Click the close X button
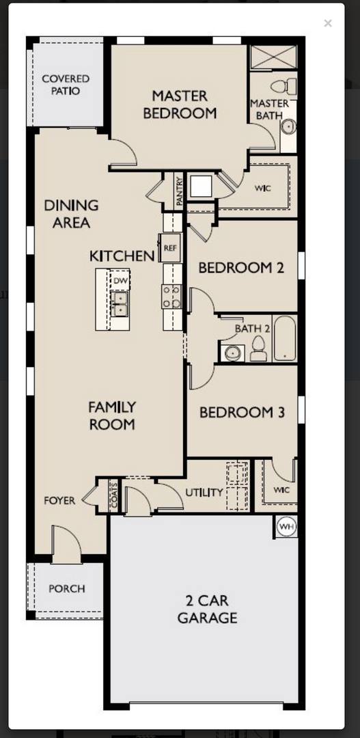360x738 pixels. [x=327, y=23]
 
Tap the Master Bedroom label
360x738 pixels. [x=180, y=105]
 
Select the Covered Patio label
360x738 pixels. [x=66, y=85]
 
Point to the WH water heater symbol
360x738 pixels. [x=286, y=527]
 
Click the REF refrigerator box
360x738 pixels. [x=169, y=247]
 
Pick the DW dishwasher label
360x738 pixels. [x=120, y=281]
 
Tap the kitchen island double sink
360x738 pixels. [x=120, y=303]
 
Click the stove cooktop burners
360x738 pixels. [x=171, y=297]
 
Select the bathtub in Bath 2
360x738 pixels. [x=285, y=338]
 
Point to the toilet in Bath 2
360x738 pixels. [x=258, y=348]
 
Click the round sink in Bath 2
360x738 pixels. [x=232, y=353]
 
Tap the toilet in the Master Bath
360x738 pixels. [x=283, y=87]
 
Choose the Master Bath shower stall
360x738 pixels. [x=273, y=57]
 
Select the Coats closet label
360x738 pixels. [x=114, y=495]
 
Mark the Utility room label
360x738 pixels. [x=204, y=493]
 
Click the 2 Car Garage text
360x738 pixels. [x=207, y=609]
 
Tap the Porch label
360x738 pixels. [x=67, y=589]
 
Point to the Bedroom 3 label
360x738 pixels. [x=242, y=413]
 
